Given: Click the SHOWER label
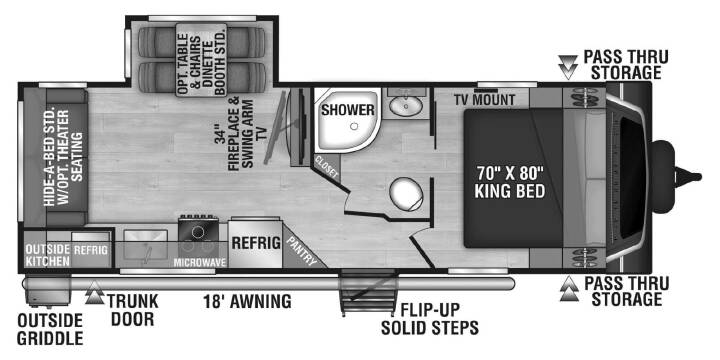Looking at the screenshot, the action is pos(348,110).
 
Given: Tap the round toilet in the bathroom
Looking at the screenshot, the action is pos(406,194).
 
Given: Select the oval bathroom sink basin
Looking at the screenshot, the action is pos(406,107).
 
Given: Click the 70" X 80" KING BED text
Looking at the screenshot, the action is pos(510,182).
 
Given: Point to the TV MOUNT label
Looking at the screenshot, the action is pos(484,99).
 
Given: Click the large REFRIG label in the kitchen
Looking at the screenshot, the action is pos(256,243).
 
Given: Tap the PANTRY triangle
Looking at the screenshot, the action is pos(302,250).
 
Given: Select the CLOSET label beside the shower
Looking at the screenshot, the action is pos(326,168).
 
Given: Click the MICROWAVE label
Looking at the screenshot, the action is pos(200,263).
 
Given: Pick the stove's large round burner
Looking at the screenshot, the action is pos(197,232).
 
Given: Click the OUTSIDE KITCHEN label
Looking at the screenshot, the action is pos(47,255).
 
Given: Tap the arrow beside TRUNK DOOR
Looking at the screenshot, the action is pos(95,292).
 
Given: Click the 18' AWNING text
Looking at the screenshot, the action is pos(248,302).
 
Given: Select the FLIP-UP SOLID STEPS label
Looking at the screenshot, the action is pos(430,320).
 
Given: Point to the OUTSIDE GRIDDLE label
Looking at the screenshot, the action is pos(50,329).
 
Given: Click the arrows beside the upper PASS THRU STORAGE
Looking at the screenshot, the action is pos(568,67).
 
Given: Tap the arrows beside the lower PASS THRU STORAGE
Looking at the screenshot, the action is pos(569,289).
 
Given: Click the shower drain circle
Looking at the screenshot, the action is pos(353,126).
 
